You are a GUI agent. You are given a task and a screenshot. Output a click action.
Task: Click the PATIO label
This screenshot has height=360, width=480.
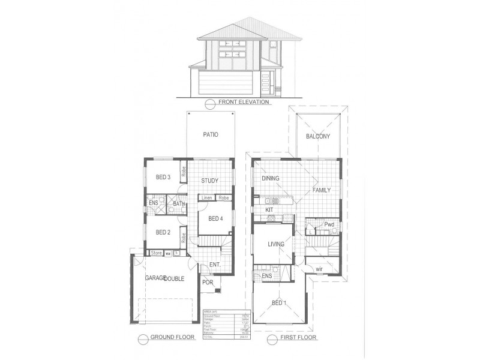209,135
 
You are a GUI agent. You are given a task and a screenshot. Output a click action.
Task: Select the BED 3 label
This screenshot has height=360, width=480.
163,177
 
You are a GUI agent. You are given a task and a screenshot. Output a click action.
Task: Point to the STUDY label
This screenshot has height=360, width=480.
209,181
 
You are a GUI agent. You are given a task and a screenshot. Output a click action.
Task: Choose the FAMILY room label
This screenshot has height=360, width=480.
322,190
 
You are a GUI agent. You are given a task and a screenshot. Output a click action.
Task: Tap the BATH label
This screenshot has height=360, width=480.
179,204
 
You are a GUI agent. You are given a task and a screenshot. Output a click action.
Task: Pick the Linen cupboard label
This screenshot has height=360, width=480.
206,197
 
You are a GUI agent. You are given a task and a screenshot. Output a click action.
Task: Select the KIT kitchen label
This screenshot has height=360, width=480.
262,209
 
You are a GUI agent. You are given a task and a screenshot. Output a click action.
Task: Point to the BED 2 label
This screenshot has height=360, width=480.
164,232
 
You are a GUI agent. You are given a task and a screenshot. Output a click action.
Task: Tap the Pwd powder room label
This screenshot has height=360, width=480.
329,225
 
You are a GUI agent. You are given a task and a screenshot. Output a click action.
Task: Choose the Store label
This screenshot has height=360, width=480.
157,253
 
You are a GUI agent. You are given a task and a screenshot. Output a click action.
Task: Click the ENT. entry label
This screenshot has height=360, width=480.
214,265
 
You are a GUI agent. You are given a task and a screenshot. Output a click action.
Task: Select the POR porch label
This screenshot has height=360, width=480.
208,283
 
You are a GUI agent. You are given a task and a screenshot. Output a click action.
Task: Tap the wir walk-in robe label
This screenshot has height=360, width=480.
319,269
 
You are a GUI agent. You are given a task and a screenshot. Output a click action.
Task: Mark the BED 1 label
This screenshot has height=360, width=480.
278,302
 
